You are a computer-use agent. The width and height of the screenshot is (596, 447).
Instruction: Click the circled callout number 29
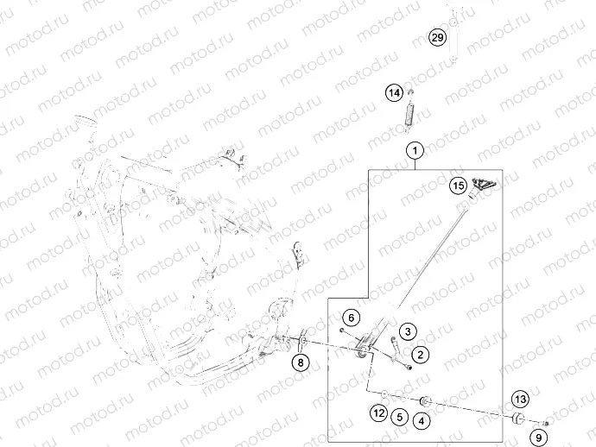[x=437, y=38]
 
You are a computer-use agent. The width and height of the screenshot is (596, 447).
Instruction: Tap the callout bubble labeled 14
[x=394, y=92]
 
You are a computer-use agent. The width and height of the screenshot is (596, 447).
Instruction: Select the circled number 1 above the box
[x=415, y=151]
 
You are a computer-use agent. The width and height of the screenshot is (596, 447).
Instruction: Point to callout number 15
[x=458, y=185]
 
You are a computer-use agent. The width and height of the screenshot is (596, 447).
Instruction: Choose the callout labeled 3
[x=408, y=331]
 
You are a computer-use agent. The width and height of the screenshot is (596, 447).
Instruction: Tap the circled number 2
[x=420, y=354]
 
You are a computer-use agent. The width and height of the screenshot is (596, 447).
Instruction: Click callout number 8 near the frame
[x=300, y=363]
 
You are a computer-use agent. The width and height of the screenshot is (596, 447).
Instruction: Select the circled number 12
[x=378, y=414]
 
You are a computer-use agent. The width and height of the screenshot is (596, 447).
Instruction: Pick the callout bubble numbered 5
[x=399, y=417]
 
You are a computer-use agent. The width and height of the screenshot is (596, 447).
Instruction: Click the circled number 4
[x=421, y=422]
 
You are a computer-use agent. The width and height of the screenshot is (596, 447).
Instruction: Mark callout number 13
[x=519, y=399]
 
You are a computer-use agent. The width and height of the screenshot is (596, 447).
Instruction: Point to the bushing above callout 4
[x=425, y=402]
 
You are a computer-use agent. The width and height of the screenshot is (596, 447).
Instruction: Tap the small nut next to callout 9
[x=547, y=423]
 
